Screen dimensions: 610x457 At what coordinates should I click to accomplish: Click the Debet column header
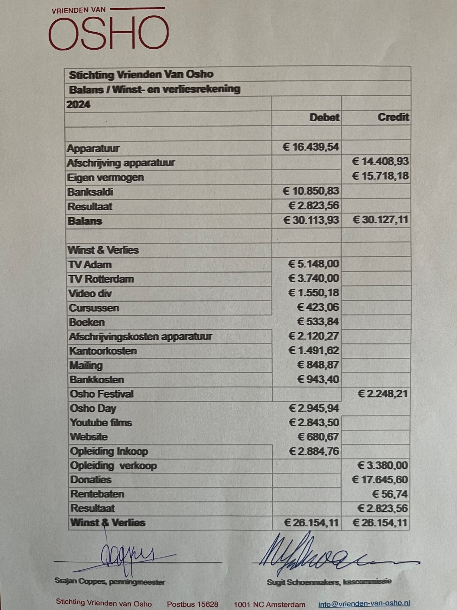click(x=324, y=117)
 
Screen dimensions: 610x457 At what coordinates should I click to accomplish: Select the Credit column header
click(x=393, y=117)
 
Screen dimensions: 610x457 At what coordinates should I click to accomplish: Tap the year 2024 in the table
click(x=78, y=105)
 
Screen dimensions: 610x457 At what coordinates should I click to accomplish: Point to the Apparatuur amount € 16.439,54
click(x=311, y=147)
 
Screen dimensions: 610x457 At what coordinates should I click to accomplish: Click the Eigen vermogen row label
click(x=105, y=177)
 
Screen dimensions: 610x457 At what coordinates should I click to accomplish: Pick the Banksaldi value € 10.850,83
click(x=311, y=191)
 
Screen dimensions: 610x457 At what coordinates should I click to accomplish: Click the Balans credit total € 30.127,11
click(x=380, y=220)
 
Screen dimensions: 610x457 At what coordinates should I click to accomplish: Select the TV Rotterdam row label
click(x=101, y=279)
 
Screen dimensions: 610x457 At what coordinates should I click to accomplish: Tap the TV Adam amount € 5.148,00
click(x=313, y=264)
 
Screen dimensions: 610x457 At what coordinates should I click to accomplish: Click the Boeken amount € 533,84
click(x=318, y=322)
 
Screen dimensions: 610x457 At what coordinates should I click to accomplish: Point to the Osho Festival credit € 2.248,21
click(x=383, y=394)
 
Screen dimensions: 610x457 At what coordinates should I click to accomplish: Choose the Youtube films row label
click(x=101, y=422)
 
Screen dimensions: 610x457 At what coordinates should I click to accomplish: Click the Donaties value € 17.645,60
click(x=380, y=480)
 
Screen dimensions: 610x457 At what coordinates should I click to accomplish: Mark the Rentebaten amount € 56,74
click(x=390, y=494)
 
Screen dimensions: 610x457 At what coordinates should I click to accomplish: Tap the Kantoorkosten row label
click(x=103, y=351)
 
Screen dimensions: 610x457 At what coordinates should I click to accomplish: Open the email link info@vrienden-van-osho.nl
click(x=364, y=604)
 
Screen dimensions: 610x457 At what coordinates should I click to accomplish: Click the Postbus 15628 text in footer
click(x=193, y=604)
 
